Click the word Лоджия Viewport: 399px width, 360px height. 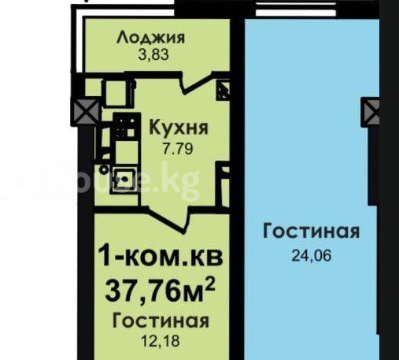pyautogui.click(x=151, y=38)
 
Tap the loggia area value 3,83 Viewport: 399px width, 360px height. pyautogui.click(x=153, y=54)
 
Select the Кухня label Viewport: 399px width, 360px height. pyautogui.click(x=179, y=128)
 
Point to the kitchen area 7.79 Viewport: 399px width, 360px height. pyautogui.click(x=178, y=149)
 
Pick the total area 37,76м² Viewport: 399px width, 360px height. pyautogui.click(x=161, y=291)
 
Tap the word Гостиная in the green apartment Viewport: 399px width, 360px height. pyautogui.click(x=161, y=321)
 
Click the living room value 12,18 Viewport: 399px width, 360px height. pyautogui.click(x=161, y=340)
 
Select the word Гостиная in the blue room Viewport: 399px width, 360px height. pyautogui.click(x=311, y=232)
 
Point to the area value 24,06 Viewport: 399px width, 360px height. pyautogui.click(x=312, y=255)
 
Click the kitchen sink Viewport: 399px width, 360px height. pyautogui.click(x=124, y=180)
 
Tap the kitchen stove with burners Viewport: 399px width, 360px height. pyautogui.click(x=127, y=126)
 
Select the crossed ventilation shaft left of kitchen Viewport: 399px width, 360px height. pyautogui.click(x=86, y=111)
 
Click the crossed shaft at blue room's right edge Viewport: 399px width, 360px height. pyautogui.click(x=371, y=113)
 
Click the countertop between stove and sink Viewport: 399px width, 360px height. pyautogui.click(x=126, y=153)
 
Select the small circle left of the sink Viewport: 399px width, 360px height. pyautogui.click(x=105, y=170)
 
